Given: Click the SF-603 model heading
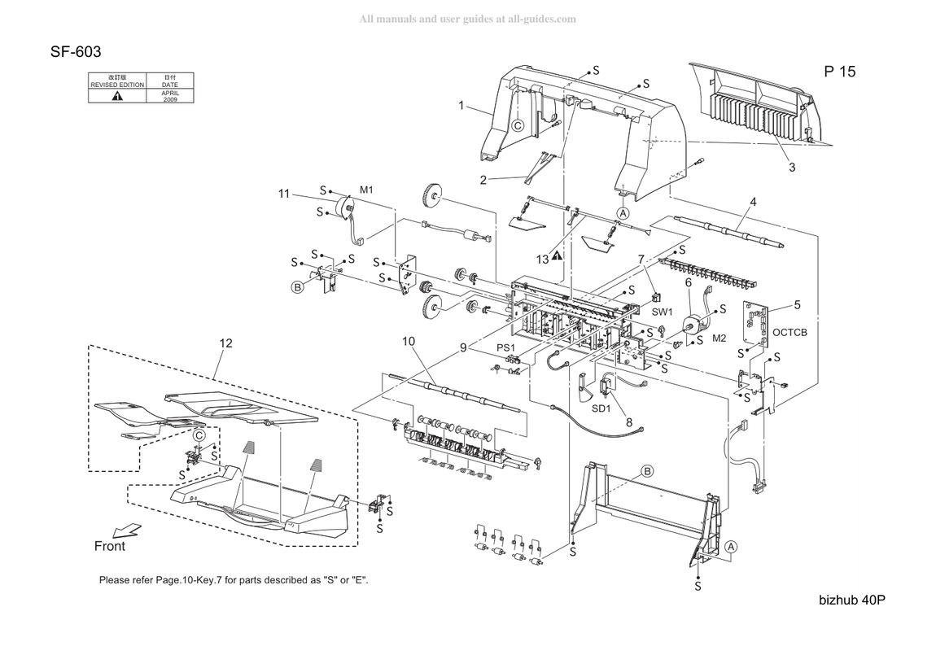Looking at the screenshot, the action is click(x=76, y=52).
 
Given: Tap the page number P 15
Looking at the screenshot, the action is click(x=839, y=72).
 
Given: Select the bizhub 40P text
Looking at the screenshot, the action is click(x=852, y=600).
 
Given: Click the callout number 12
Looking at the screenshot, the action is click(x=225, y=343).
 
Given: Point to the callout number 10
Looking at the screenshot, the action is click(x=409, y=341).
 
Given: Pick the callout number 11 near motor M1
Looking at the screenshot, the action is click(x=283, y=194).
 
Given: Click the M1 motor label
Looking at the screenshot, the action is click(x=366, y=190).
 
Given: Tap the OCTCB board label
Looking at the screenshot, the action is click(x=789, y=332).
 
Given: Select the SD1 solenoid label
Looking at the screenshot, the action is click(x=601, y=408).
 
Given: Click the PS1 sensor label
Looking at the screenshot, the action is click(x=505, y=347).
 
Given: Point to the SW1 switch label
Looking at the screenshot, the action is click(x=662, y=312).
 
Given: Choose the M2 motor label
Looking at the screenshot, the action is click(x=719, y=338).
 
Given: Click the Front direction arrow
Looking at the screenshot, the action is click(x=126, y=530).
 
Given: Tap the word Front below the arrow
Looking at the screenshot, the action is click(x=110, y=547).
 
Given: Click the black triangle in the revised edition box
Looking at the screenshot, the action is click(x=117, y=95).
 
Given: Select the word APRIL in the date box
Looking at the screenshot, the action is click(x=170, y=93).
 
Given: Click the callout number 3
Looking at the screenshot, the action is click(x=792, y=168).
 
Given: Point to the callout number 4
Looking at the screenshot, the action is click(x=754, y=203).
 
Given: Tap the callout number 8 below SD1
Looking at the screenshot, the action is click(x=629, y=422).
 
